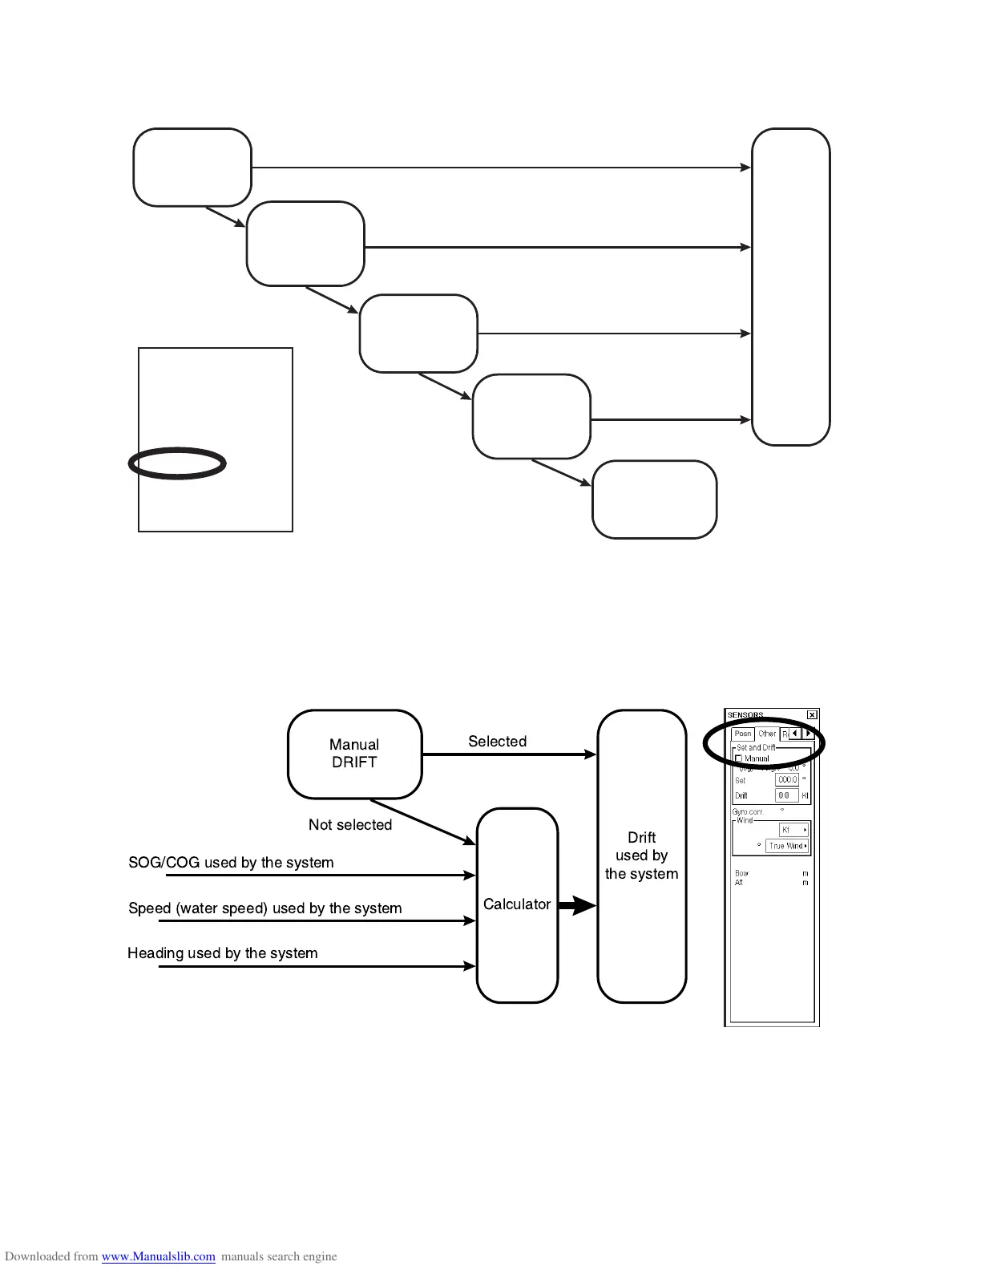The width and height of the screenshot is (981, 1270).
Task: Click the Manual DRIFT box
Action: (354, 754)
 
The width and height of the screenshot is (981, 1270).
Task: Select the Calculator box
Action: (517, 904)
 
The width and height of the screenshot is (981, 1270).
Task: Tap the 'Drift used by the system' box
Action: (641, 855)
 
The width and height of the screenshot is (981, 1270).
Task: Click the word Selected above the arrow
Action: (497, 742)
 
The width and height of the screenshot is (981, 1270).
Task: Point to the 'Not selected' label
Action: (350, 825)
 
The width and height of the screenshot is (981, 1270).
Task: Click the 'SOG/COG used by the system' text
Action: (231, 863)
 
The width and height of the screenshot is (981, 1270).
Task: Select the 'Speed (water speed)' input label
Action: (264, 908)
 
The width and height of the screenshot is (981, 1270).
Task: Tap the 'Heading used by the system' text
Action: (222, 953)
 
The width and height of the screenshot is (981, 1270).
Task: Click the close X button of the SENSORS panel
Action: (812, 714)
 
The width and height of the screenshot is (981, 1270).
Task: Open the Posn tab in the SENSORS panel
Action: (743, 734)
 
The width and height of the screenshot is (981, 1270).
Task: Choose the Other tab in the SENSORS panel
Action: (767, 734)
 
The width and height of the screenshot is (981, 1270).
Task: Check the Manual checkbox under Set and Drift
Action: (739, 758)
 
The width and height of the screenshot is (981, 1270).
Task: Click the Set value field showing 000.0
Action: (787, 779)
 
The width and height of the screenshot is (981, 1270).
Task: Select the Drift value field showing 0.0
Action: (786, 795)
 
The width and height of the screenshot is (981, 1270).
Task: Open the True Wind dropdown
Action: (787, 846)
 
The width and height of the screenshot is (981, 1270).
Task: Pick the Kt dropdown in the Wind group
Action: (793, 830)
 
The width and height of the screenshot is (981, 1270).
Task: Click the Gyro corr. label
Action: (748, 812)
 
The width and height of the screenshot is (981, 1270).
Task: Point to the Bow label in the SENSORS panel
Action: (741, 873)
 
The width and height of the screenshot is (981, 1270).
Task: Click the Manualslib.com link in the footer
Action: (158, 1256)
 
